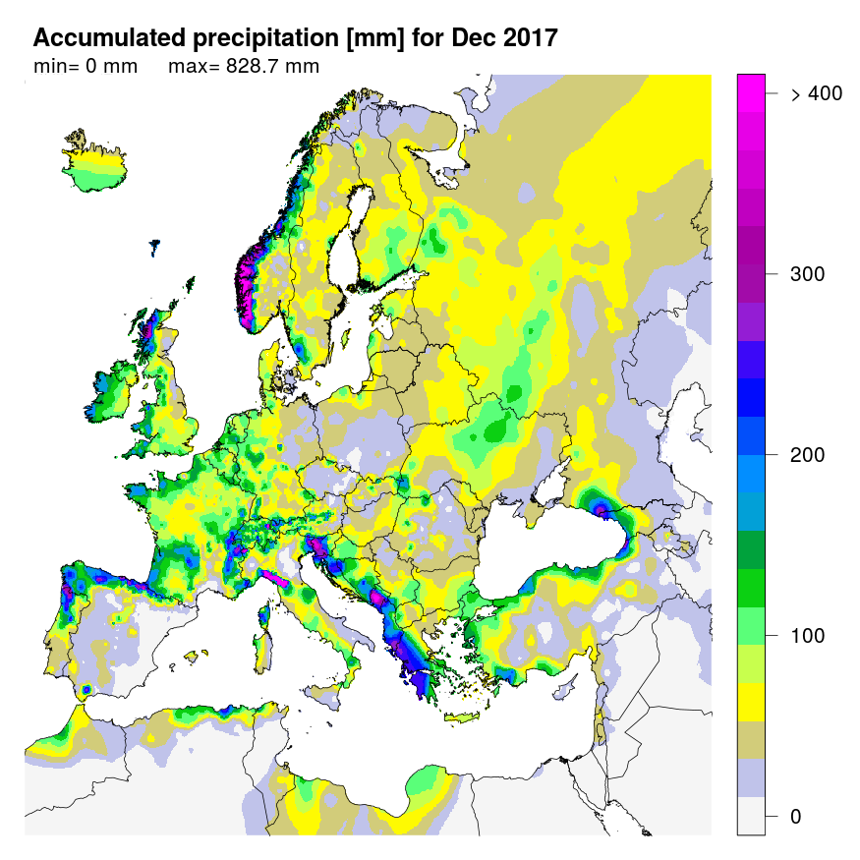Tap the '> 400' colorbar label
pyautogui.click(x=816, y=93)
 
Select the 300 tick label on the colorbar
pyautogui.click(x=807, y=274)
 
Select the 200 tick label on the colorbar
pyautogui.click(x=807, y=455)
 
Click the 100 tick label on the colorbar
pyautogui.click(x=807, y=636)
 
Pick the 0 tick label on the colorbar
pyautogui.click(x=796, y=817)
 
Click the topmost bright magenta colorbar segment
pyautogui.click(x=751, y=86)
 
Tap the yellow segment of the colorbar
pyautogui.click(x=751, y=703)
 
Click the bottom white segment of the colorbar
pyautogui.click(x=751, y=816)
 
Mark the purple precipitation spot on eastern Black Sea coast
pyautogui.click(x=601, y=508)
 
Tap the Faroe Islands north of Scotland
pyautogui.click(x=155, y=247)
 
